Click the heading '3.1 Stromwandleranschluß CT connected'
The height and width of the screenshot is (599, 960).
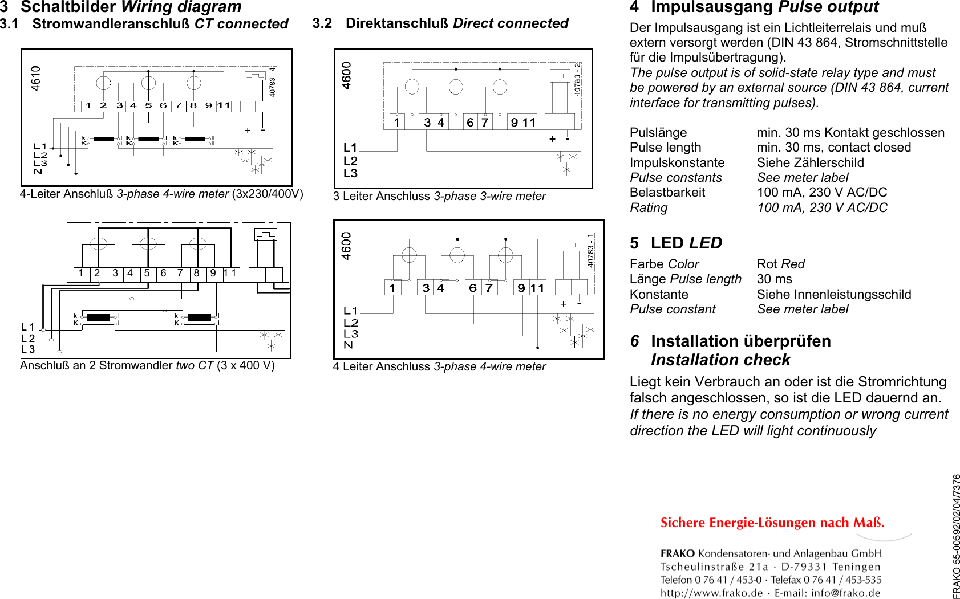tap(144, 24)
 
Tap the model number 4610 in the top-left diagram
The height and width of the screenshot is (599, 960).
tap(36, 78)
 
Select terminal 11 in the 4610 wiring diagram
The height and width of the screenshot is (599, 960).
tap(224, 105)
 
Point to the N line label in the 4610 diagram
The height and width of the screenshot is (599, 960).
tap(38, 172)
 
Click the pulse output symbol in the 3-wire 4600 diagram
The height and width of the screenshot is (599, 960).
tap(560, 76)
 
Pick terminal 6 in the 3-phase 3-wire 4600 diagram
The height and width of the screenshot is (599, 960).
tap(470, 123)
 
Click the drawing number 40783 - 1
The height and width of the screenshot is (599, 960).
tap(591, 250)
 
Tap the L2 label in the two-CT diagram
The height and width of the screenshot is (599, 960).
tap(28, 338)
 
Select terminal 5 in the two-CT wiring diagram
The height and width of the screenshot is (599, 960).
tap(147, 274)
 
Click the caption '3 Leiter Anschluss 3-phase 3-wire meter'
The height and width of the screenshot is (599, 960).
tap(439, 196)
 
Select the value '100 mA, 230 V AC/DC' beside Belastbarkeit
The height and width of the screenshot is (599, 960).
tap(822, 193)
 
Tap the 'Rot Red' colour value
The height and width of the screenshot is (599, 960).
tap(780, 264)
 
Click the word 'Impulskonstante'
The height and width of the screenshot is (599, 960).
tap(677, 162)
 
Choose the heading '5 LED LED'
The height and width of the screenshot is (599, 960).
tap(676, 243)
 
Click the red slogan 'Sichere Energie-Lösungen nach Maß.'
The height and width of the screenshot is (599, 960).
tap(772, 523)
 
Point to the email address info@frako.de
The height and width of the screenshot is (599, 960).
tap(845, 593)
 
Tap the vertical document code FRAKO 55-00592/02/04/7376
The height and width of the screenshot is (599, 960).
tap(956, 536)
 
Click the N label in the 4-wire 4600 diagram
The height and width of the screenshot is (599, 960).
tap(349, 345)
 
